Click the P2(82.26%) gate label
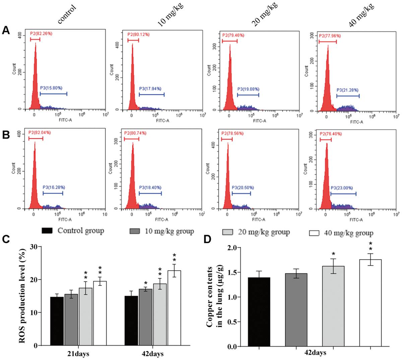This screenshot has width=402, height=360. click(41, 34)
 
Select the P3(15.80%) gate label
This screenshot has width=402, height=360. click(51, 88)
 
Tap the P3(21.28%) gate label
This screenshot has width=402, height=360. click(347, 90)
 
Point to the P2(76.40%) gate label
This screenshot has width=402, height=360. click(331, 134)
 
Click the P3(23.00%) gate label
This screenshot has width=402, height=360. click(342, 188)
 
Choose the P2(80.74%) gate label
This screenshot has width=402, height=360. click(135, 133)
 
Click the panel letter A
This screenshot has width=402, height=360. click(6, 31)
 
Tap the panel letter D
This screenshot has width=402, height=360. click(208, 239)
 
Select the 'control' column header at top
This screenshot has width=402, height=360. click(67, 14)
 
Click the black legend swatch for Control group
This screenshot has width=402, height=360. click(47, 231)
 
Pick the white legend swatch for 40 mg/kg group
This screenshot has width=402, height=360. click(314, 233)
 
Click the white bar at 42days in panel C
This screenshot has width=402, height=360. click(174, 308)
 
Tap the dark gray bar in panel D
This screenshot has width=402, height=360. click(296, 310)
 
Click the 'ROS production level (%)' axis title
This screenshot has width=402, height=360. click(22, 296)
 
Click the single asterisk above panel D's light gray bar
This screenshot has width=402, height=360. click(333, 255)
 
